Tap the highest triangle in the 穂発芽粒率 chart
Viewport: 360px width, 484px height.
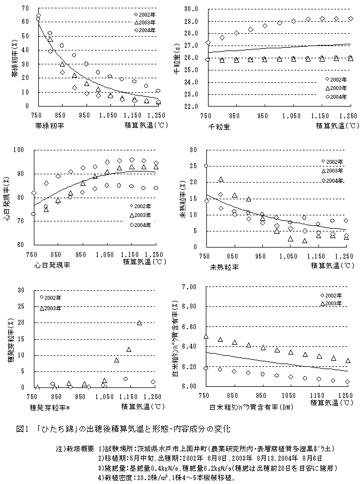pos(139,323)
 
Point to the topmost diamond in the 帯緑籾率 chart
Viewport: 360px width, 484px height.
pos(38,16)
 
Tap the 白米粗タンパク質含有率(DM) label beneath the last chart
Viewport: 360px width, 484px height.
pos(245,406)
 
